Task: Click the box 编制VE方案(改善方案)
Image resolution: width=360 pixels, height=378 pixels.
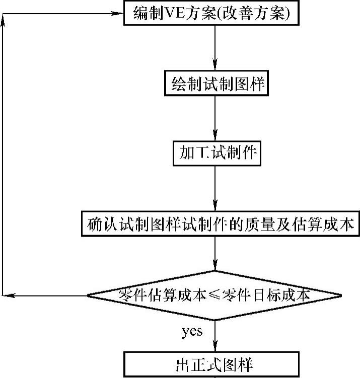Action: pyautogui.click(x=211, y=13)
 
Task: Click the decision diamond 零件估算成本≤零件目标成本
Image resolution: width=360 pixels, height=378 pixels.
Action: pyautogui.click(x=215, y=295)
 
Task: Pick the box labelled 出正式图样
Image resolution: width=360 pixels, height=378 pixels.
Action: pyautogui.click(x=215, y=364)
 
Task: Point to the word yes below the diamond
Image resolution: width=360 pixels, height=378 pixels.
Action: pyautogui.click(x=191, y=331)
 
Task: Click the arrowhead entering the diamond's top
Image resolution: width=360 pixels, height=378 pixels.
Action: pyautogui.click(x=215, y=267)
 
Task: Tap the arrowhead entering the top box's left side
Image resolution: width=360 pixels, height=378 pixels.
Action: pyautogui.click(x=120, y=13)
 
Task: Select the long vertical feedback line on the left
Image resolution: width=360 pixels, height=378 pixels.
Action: pyautogui.click(x=3, y=151)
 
